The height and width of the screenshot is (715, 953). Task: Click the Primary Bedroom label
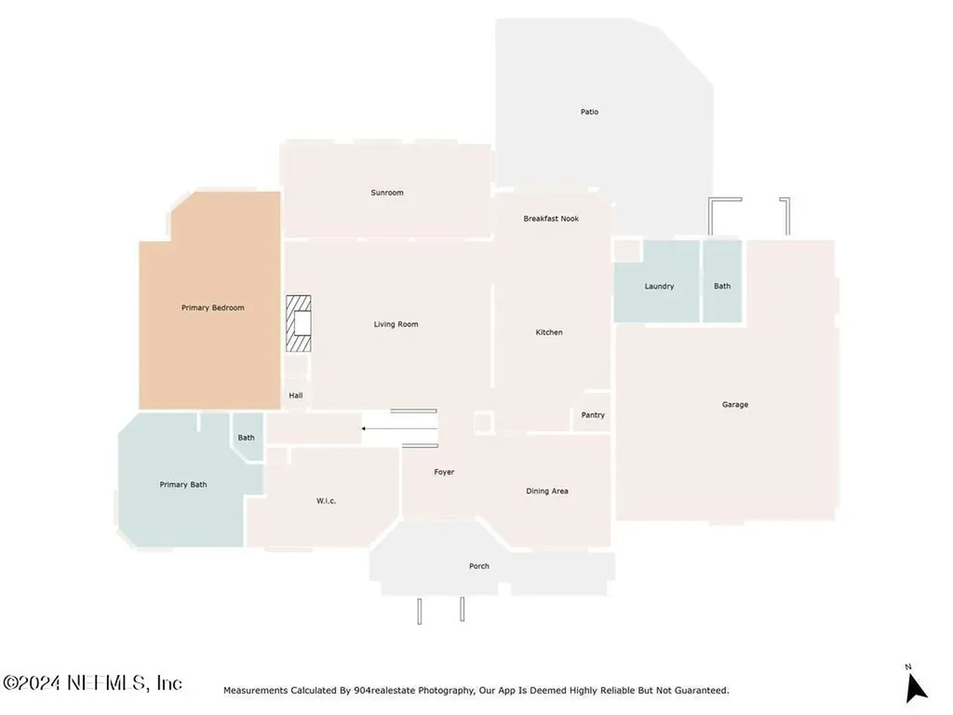(213, 307)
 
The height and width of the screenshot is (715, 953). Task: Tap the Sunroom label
(387, 193)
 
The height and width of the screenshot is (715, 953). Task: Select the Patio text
(589, 112)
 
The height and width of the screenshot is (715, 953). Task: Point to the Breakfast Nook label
(551, 219)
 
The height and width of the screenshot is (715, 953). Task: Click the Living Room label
(396, 324)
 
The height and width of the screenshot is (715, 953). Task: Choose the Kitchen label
(549, 332)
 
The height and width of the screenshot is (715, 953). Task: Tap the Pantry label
(593, 415)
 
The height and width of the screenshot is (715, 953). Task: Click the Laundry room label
(660, 287)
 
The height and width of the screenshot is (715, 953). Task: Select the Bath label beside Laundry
(722, 286)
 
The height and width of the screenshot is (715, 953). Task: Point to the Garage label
(735, 404)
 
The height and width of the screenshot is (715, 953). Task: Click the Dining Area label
(547, 492)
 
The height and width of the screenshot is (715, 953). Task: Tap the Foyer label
(444, 472)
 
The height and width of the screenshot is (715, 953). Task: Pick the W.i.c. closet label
(327, 501)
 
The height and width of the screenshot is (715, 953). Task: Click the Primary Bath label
(183, 484)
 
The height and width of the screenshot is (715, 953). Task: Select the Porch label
(479, 566)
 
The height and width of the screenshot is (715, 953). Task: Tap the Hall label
(296, 395)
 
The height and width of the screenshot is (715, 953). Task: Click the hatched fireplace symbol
(299, 323)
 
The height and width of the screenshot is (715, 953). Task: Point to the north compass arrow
(916, 688)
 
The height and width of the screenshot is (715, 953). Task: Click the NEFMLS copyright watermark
(92, 682)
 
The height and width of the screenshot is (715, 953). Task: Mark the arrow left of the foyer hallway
(399, 428)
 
